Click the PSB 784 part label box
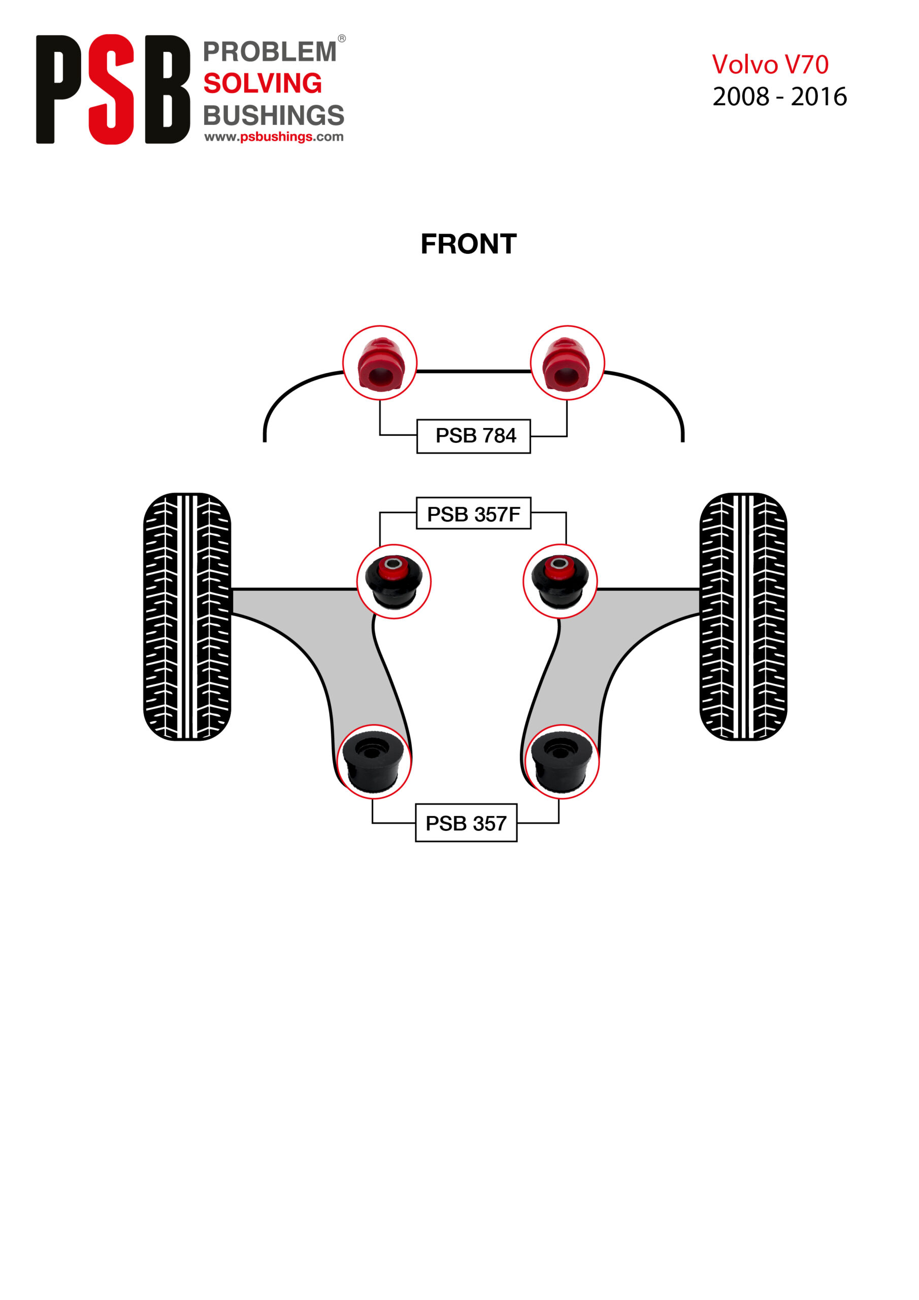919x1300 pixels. point(473,436)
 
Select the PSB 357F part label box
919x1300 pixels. point(473,513)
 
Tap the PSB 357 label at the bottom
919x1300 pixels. point(466,823)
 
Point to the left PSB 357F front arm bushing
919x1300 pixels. point(393,581)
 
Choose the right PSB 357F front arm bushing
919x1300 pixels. point(560,581)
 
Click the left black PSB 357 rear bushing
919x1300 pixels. point(374,762)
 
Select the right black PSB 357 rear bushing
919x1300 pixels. point(562,762)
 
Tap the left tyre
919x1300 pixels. point(187,616)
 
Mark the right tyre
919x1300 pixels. point(743,616)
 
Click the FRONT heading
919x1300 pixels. point(468,244)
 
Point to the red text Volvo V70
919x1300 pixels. point(770,64)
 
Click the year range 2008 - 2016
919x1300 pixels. point(779,97)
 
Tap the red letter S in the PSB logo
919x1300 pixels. point(112,89)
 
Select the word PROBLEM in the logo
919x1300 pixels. point(270,52)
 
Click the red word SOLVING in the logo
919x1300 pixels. point(262,83)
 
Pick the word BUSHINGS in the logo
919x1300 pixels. point(274,115)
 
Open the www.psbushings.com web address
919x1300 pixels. point(274,137)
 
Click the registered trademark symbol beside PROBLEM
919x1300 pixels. point(341,39)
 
